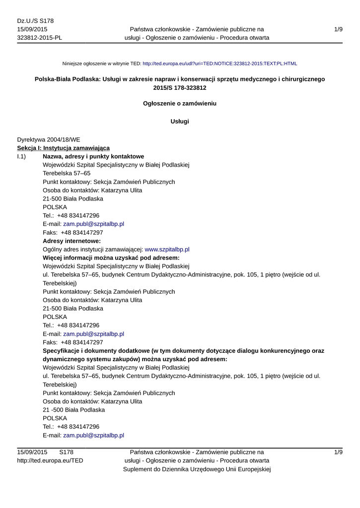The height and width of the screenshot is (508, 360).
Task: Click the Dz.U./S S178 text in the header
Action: click(x=35, y=21)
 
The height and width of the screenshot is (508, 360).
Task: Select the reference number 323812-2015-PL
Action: click(x=40, y=38)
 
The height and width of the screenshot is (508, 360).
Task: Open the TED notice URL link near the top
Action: click(x=219, y=64)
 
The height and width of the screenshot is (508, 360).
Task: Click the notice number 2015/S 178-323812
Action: click(x=180, y=88)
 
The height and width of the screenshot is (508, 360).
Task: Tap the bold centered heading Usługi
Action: click(x=180, y=122)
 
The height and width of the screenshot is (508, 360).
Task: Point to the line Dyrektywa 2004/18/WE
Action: click(x=48, y=140)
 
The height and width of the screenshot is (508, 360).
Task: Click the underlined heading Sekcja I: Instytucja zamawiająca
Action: click(x=64, y=148)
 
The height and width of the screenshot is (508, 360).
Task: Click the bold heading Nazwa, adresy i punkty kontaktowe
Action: click(x=93, y=157)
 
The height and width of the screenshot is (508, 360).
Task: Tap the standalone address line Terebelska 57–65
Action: click(x=67, y=174)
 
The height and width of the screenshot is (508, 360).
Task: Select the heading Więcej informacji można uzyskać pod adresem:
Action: click(x=111, y=258)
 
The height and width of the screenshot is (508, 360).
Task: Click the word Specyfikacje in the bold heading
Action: click(x=62, y=351)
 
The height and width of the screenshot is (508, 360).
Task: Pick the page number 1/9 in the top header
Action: click(x=338, y=30)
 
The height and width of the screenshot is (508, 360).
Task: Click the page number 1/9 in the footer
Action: click(x=338, y=452)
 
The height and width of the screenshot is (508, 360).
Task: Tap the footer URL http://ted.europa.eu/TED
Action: click(x=50, y=460)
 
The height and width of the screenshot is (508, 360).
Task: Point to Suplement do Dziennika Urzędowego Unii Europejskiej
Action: click(x=196, y=469)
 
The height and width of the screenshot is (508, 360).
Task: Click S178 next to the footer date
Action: click(x=66, y=452)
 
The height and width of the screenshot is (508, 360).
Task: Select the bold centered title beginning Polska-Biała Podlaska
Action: click(x=180, y=79)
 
